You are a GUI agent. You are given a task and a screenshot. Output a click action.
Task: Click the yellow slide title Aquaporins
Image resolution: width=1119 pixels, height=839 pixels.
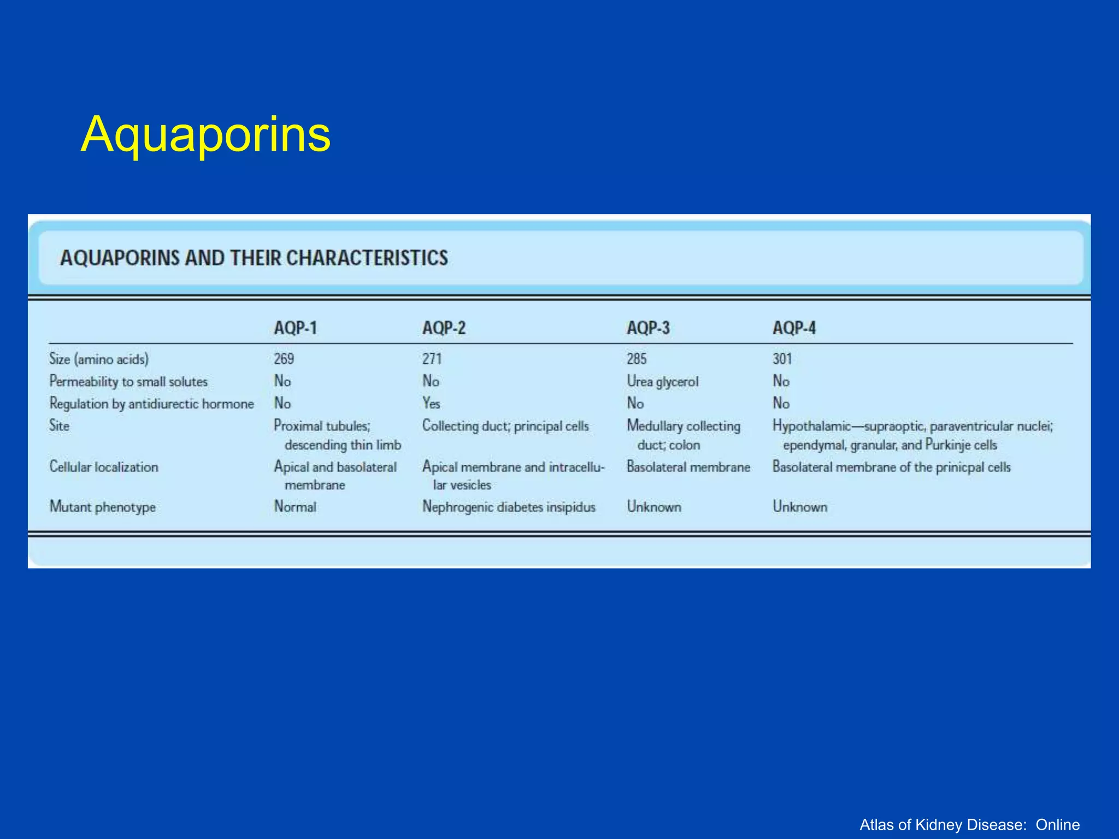tap(205, 134)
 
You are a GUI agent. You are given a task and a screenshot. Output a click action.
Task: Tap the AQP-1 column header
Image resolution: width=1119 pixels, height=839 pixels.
tap(295, 328)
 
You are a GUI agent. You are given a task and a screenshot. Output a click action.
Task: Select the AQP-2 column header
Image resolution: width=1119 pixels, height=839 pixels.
tap(444, 328)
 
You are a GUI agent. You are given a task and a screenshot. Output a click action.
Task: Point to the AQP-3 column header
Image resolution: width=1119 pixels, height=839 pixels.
tap(648, 328)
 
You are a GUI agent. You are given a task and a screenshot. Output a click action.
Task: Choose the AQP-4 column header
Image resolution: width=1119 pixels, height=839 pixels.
tap(794, 328)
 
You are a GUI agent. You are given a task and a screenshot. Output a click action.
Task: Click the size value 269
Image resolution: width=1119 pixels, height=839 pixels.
tap(284, 359)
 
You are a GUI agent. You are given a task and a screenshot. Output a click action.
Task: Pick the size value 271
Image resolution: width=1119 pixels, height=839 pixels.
tap(432, 359)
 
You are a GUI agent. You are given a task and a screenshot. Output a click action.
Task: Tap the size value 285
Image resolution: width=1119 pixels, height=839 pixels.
tap(637, 359)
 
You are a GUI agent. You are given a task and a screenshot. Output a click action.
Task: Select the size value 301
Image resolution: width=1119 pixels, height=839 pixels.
tap(782, 359)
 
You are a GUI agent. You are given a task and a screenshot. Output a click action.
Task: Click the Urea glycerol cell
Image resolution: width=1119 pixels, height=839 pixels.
tap(662, 381)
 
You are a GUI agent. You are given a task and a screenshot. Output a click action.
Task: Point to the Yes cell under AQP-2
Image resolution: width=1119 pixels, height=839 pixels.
tap(431, 404)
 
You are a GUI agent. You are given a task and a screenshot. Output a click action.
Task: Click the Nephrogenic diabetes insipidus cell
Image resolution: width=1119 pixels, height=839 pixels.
tap(509, 507)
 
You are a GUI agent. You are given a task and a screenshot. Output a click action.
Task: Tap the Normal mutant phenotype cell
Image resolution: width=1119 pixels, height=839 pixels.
tap(295, 507)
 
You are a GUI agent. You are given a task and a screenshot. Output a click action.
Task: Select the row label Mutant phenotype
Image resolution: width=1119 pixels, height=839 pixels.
tap(103, 507)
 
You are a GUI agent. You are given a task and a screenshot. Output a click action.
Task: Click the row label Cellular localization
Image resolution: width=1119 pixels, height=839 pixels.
tap(104, 467)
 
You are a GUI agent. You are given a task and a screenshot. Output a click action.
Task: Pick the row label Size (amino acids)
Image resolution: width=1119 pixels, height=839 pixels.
tap(99, 359)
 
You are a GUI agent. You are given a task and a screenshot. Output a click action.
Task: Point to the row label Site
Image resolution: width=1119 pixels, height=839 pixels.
tap(59, 426)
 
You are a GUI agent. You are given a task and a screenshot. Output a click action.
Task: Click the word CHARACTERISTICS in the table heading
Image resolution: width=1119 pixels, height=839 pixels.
tap(367, 258)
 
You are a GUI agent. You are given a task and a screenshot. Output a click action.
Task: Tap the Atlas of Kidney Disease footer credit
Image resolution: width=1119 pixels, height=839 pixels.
tap(969, 824)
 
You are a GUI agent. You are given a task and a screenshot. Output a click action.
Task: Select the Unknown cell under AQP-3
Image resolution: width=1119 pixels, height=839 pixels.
tap(654, 507)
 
